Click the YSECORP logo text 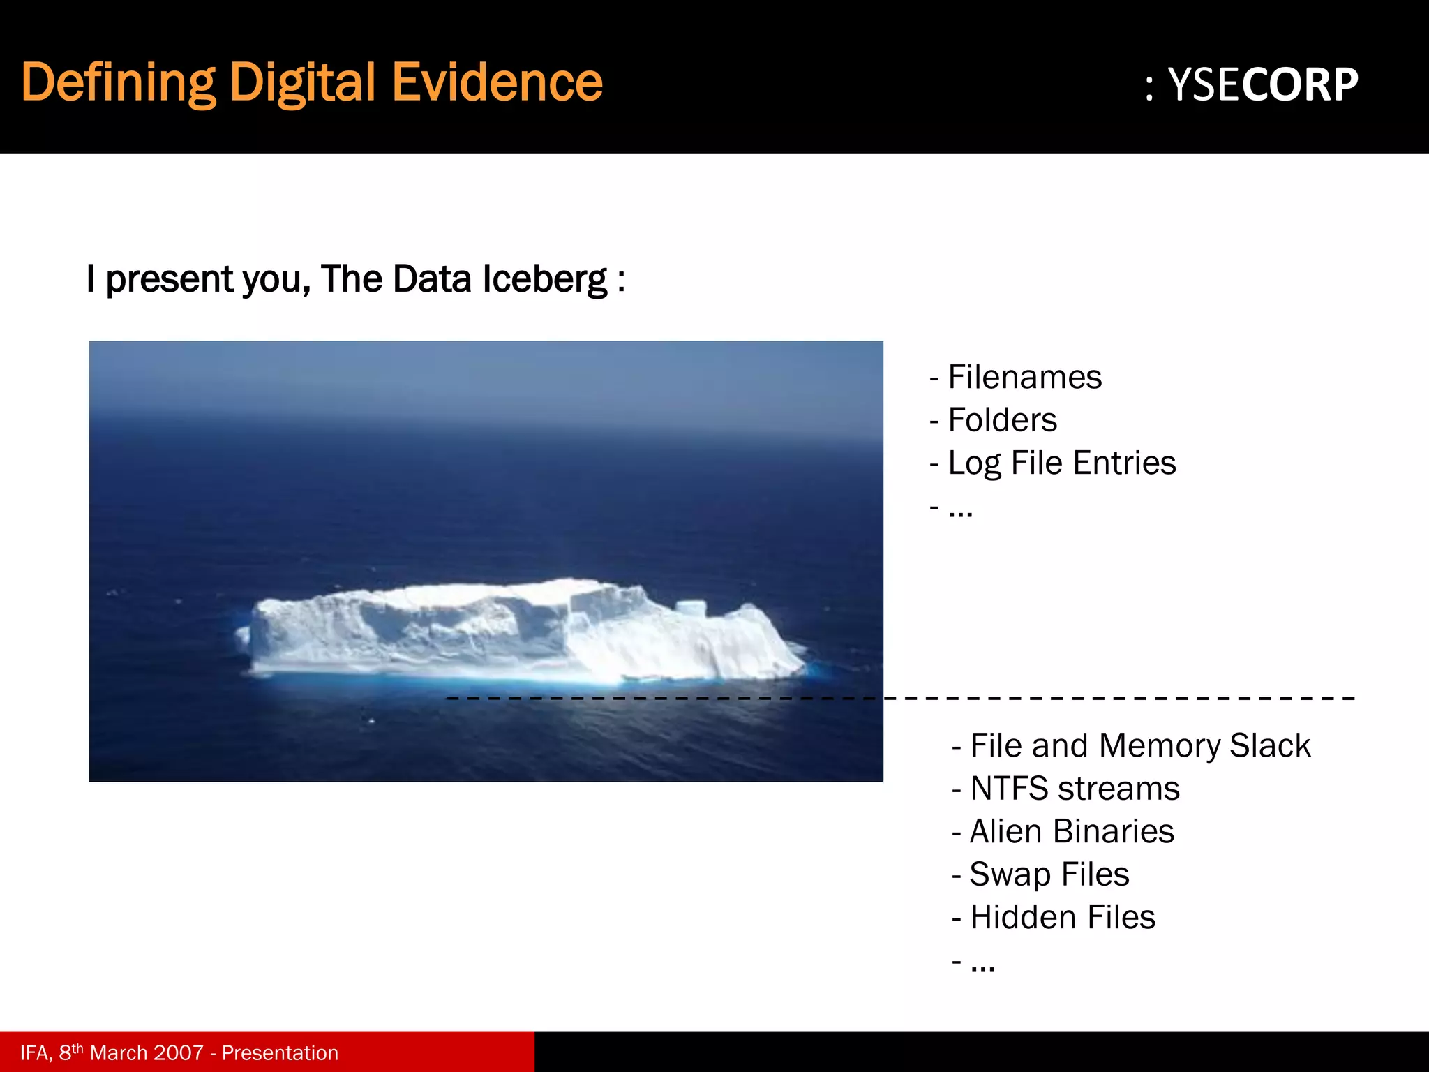(x=1262, y=85)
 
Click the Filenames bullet (x=1024, y=378)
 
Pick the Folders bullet (x=1002, y=420)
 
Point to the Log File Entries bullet (x=1061, y=463)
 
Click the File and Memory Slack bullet (x=1140, y=745)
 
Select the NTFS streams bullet (x=1075, y=789)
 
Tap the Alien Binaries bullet (x=1072, y=831)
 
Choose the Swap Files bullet (x=1049, y=874)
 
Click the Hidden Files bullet (x=1062, y=917)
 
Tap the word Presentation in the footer (x=280, y=1052)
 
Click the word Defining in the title (x=118, y=82)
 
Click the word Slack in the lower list (x=1270, y=745)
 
